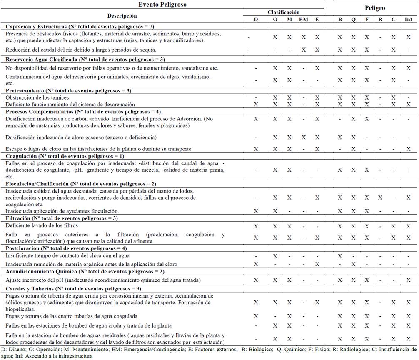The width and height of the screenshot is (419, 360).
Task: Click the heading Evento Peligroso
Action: (x=162, y=5)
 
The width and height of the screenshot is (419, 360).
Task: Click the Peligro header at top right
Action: (x=375, y=8)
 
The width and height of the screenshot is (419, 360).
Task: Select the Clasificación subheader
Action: (x=283, y=12)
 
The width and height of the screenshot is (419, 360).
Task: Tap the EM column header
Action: (x=304, y=20)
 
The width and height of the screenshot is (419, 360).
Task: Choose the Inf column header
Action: (x=408, y=20)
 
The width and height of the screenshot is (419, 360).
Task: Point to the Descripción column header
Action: (x=122, y=16)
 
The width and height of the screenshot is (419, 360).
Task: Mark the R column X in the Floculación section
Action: (x=380, y=197)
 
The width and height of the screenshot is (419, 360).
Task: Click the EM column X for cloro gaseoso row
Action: (x=304, y=137)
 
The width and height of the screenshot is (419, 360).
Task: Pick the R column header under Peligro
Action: (x=380, y=20)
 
